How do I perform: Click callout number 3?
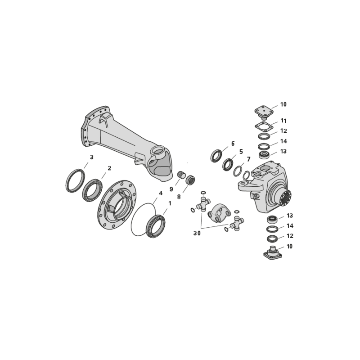pyautogui.click(x=92, y=157)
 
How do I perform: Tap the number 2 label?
pyautogui.click(x=109, y=168)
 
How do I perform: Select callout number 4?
pyautogui.click(x=161, y=193)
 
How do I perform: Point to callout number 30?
pyautogui.click(x=197, y=233)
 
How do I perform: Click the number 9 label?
pyautogui.click(x=171, y=189)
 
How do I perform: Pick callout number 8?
pyautogui.click(x=179, y=197)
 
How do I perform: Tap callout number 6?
pyautogui.click(x=233, y=144)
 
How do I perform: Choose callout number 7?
pyautogui.click(x=248, y=159)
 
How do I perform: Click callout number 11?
pyautogui.click(x=283, y=121)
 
